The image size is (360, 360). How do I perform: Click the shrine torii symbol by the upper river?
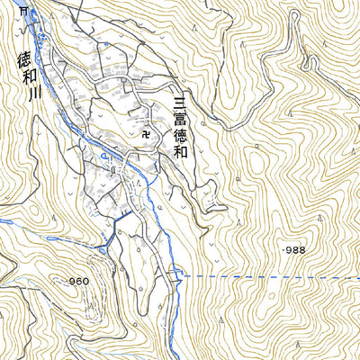pyautogui.click(x=24, y=10)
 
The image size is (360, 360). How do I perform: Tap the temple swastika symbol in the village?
pyautogui.click(x=147, y=133)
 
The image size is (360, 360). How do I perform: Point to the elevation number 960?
pyautogui.click(x=78, y=282)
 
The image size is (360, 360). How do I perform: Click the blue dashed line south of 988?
pyautogui.click(x=270, y=276)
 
